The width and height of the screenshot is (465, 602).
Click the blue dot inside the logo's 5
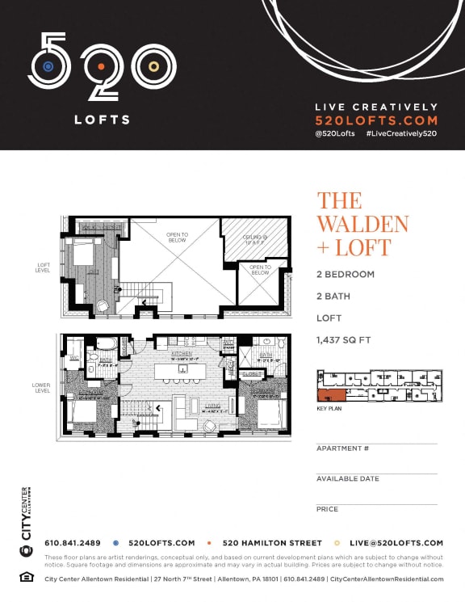[x=48, y=66]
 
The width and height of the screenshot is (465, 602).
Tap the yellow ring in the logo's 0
[x=153, y=66]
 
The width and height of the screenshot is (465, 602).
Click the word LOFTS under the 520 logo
[x=102, y=120]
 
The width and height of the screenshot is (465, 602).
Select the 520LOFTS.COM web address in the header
[x=375, y=120]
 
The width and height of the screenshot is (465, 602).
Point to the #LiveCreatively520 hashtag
[x=401, y=133]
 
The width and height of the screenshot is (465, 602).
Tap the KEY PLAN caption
[x=330, y=410]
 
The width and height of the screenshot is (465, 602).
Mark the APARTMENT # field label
[x=343, y=448]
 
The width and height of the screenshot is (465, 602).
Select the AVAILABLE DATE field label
[x=348, y=478]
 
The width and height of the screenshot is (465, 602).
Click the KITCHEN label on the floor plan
[x=181, y=355]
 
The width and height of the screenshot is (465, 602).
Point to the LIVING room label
[x=212, y=406]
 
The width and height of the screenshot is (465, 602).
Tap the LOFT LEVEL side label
[x=44, y=266]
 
